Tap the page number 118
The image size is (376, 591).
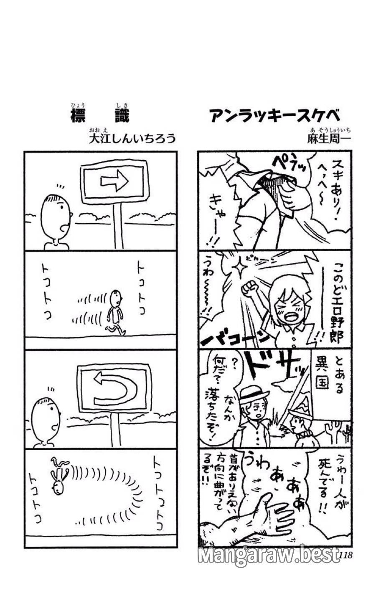click(x=346, y=555)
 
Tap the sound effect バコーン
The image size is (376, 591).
click(x=234, y=338)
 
